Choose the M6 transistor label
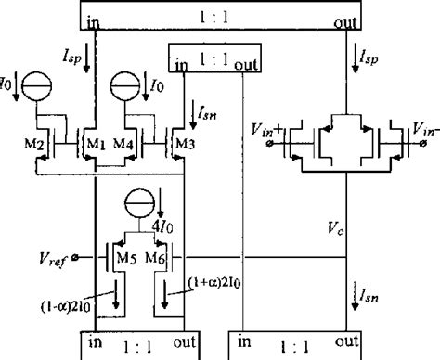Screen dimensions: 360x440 point(154,258)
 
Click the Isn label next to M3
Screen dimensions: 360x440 point(211,113)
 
